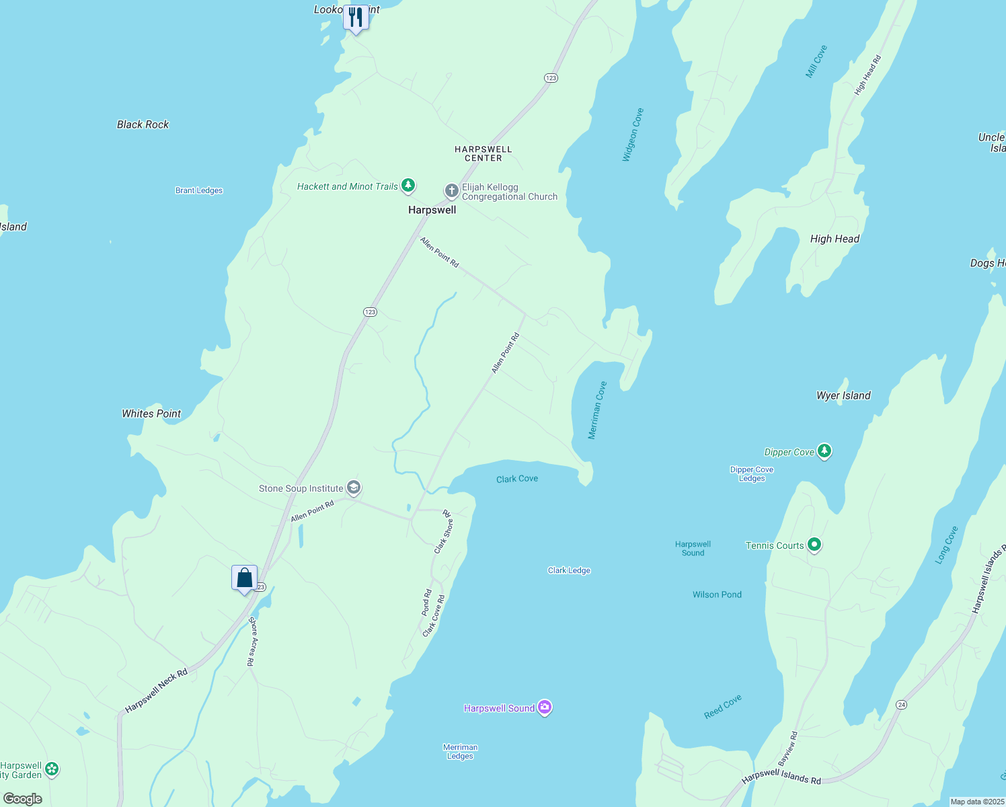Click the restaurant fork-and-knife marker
pyautogui.click(x=356, y=17)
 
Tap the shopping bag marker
pyautogui.click(x=245, y=578)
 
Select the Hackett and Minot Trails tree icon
pyautogui.click(x=408, y=185)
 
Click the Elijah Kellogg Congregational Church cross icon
pyautogui.click(x=451, y=191)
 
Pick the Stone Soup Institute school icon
pyautogui.click(x=354, y=488)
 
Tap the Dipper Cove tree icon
pyautogui.click(x=824, y=451)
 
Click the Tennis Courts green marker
pyautogui.click(x=814, y=545)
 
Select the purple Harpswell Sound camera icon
pyautogui.click(x=545, y=707)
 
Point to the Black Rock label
pyautogui.click(x=143, y=124)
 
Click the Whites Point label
pyautogui.click(x=151, y=414)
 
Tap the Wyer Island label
pyautogui.click(x=843, y=395)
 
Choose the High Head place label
pyautogui.click(x=835, y=239)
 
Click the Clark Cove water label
pyautogui.click(x=517, y=479)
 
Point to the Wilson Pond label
pyautogui.click(x=717, y=594)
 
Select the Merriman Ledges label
pyautogui.click(x=461, y=752)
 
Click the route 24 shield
pyautogui.click(x=902, y=704)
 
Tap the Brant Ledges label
pyautogui.click(x=199, y=190)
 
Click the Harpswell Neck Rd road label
pyautogui.click(x=156, y=691)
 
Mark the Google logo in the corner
pyautogui.click(x=23, y=799)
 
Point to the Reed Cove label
pyautogui.click(x=723, y=707)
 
